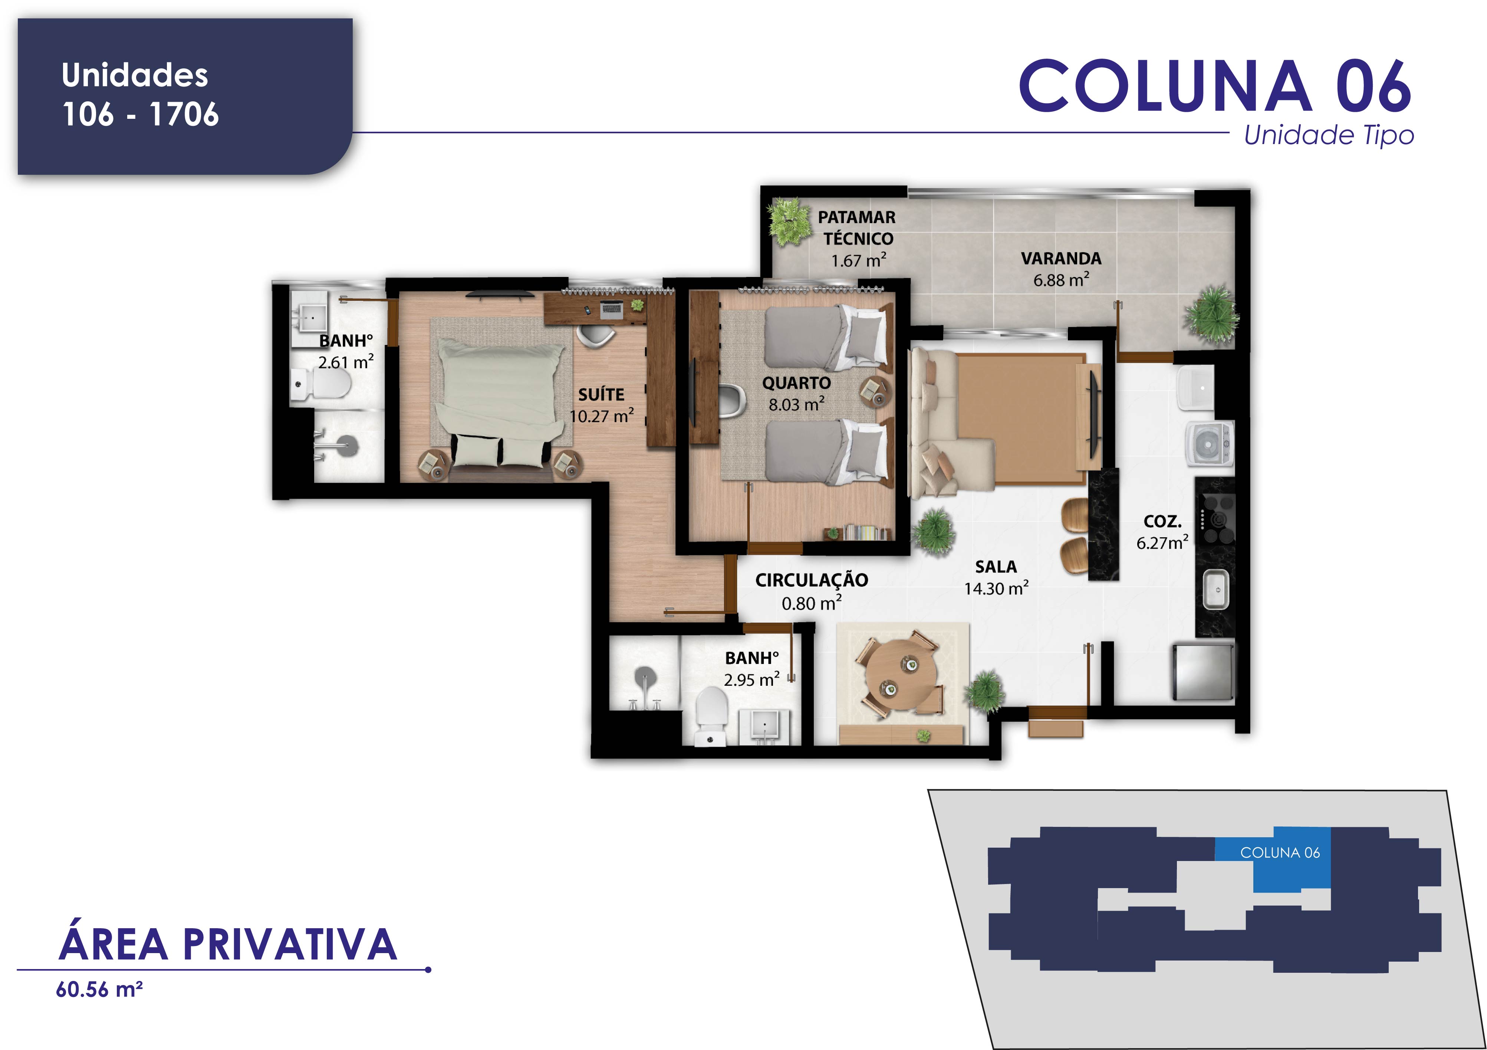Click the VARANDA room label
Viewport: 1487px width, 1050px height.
pyautogui.click(x=1061, y=259)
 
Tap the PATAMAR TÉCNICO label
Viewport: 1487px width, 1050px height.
pyautogui.click(x=857, y=228)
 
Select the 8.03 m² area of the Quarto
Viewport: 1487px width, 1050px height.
pyautogui.click(x=797, y=404)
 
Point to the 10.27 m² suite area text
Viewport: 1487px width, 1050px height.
pyautogui.click(x=602, y=415)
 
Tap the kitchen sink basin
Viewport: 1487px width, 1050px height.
pyautogui.click(x=1215, y=589)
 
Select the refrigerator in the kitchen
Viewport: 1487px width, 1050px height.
pyautogui.click(x=1203, y=672)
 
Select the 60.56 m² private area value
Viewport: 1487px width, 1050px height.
pyautogui.click(x=99, y=990)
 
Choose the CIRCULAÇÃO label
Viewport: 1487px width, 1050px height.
pyautogui.click(x=812, y=580)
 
